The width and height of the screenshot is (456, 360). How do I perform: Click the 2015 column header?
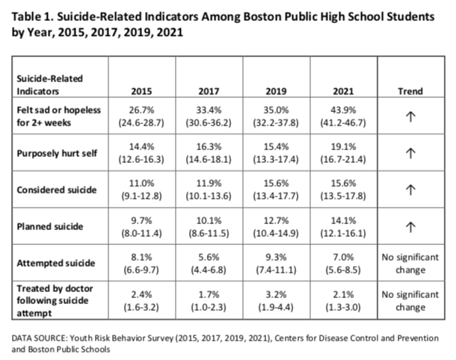[x=141, y=91]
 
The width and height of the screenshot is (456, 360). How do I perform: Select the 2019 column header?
[x=276, y=91]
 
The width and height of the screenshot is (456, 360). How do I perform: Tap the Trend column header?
[x=410, y=91]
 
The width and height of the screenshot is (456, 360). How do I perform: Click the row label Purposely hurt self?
[x=57, y=153]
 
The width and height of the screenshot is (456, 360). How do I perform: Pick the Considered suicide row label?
[x=57, y=190]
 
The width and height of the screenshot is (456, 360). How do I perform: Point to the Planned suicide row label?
[x=50, y=226]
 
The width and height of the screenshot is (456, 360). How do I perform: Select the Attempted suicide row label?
[x=56, y=263]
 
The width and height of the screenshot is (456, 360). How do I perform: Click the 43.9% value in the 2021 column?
[x=343, y=110]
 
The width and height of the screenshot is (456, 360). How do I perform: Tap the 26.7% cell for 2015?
[x=141, y=110]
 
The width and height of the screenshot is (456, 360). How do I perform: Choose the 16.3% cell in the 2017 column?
[x=209, y=146]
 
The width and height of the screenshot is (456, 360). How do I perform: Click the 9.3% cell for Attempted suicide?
[x=276, y=257]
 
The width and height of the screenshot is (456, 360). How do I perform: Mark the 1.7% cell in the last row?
[x=209, y=294]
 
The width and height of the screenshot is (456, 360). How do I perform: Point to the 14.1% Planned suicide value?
[x=343, y=220]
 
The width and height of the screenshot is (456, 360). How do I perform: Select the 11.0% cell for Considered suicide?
[x=141, y=183]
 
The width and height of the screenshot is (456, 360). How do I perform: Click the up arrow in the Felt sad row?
[x=410, y=117]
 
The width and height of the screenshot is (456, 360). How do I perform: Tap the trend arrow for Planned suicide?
[x=410, y=227]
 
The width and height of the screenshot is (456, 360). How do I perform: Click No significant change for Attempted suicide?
[x=410, y=264]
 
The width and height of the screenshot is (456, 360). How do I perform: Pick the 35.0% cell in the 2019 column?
[x=276, y=110]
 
